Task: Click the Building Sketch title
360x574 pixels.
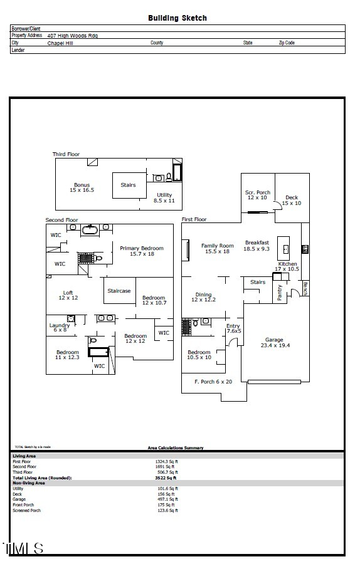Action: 177,18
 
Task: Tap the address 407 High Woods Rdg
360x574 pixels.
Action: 73,36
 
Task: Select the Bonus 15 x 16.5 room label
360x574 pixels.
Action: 82,187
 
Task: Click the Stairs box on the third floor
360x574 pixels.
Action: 128,185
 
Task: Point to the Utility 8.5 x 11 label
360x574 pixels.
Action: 164,198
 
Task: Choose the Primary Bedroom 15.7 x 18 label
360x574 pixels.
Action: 141,251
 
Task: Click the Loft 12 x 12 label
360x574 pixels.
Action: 68,295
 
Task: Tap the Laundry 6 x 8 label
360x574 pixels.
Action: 60,327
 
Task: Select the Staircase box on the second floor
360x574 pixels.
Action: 119,291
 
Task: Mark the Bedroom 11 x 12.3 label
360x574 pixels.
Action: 67,355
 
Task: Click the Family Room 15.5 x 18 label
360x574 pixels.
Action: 217,248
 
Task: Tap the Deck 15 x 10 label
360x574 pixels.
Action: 292,200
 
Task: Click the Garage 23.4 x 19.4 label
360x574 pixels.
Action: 274,343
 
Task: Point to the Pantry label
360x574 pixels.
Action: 280,293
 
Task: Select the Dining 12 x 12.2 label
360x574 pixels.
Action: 203,297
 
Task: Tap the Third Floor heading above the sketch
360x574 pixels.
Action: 66,154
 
